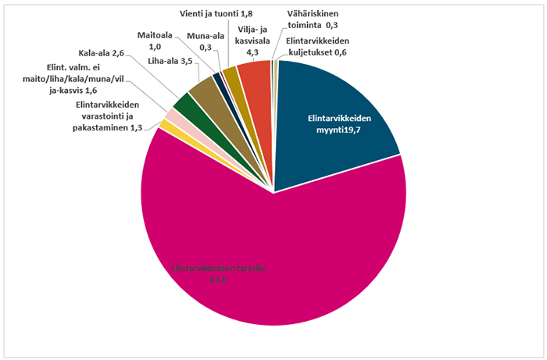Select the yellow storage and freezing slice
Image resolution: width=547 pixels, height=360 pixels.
click(x=165, y=125)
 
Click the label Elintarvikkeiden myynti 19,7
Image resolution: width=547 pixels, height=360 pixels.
click(x=338, y=123)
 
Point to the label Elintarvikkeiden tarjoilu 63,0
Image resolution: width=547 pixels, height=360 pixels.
click(x=218, y=274)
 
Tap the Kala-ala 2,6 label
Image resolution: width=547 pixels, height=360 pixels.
click(x=102, y=53)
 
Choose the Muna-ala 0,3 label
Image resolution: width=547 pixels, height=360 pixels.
click(x=202, y=41)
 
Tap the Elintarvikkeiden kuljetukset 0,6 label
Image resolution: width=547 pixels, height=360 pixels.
click(x=316, y=47)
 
